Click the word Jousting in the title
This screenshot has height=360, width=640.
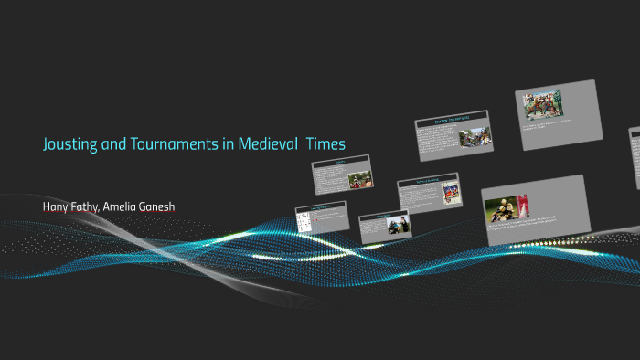pyautogui.click(x=70, y=144)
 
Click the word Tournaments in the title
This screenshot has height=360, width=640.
pyautogui.click(x=164, y=144)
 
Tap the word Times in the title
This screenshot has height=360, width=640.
pyautogui.click(x=326, y=144)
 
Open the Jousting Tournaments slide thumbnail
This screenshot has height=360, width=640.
pyautogui.click(x=453, y=136)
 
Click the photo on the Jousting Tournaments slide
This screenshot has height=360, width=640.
pyautogui.click(x=472, y=138)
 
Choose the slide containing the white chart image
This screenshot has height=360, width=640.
pyautogui.click(x=320, y=217)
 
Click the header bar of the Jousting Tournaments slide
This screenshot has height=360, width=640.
pyautogui.click(x=452, y=120)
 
